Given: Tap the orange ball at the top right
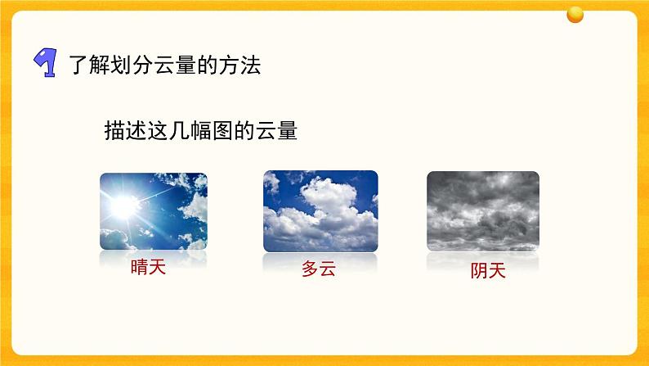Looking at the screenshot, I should pyautogui.click(x=576, y=14).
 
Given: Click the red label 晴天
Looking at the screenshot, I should pyautogui.click(x=148, y=268).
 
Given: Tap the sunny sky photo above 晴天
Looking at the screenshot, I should pyautogui.click(x=153, y=211).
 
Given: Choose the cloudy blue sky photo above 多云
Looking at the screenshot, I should pyautogui.click(x=320, y=211).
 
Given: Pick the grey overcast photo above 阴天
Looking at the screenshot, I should pyautogui.click(x=483, y=211).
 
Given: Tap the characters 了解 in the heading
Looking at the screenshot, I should pyautogui.click(x=87, y=66).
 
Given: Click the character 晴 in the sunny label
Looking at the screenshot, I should pyautogui.click(x=139, y=268).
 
